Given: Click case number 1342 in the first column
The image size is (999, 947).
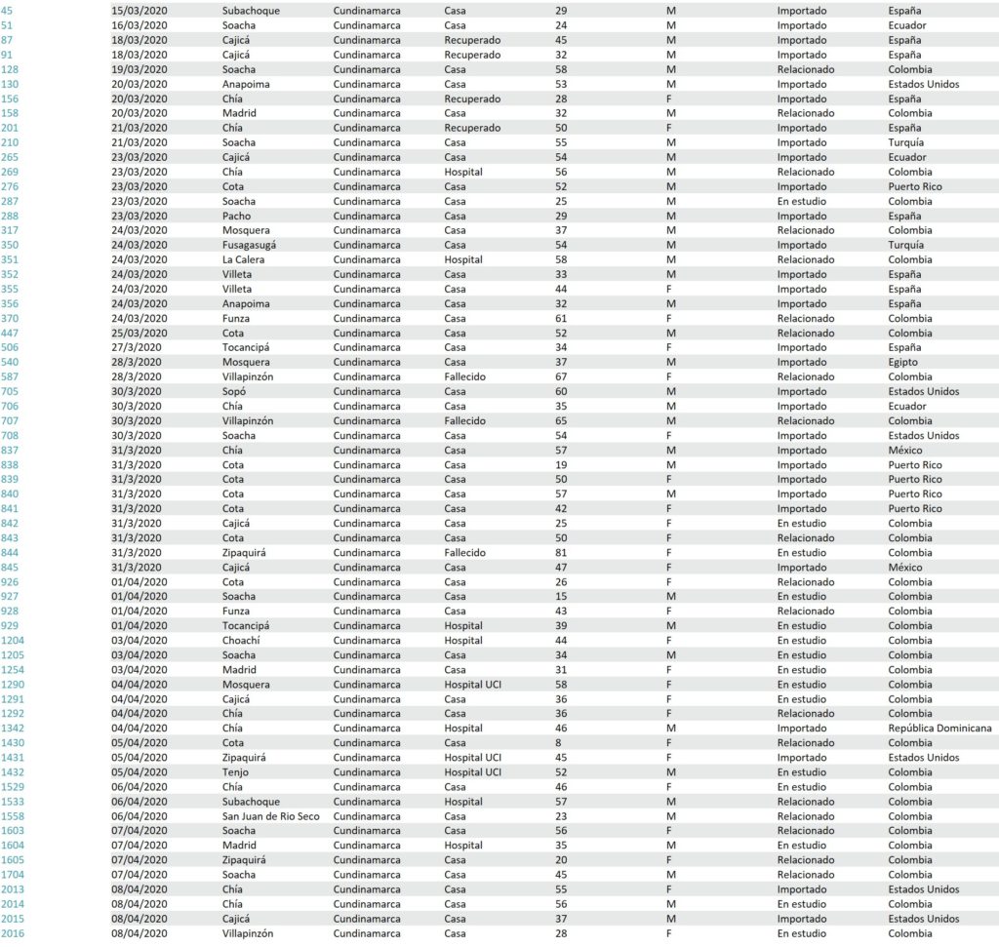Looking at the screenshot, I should tap(15, 729).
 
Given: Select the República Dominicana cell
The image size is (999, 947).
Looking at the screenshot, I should tap(937, 729).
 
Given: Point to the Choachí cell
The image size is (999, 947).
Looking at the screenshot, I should tap(240, 641).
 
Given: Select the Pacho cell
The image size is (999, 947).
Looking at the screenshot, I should tap(236, 216).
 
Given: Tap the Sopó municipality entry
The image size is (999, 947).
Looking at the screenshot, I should tap(234, 391).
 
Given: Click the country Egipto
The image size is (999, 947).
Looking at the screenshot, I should tap(903, 362).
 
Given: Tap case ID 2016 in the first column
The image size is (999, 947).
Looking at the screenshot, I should tap(15, 933).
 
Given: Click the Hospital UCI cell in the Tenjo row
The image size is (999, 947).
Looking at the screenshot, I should tap(472, 772).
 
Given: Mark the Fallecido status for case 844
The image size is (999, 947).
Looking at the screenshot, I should tap(464, 552).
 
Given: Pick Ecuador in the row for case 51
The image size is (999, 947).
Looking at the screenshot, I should tap(907, 25).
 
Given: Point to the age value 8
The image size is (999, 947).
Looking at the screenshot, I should tap(558, 743).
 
